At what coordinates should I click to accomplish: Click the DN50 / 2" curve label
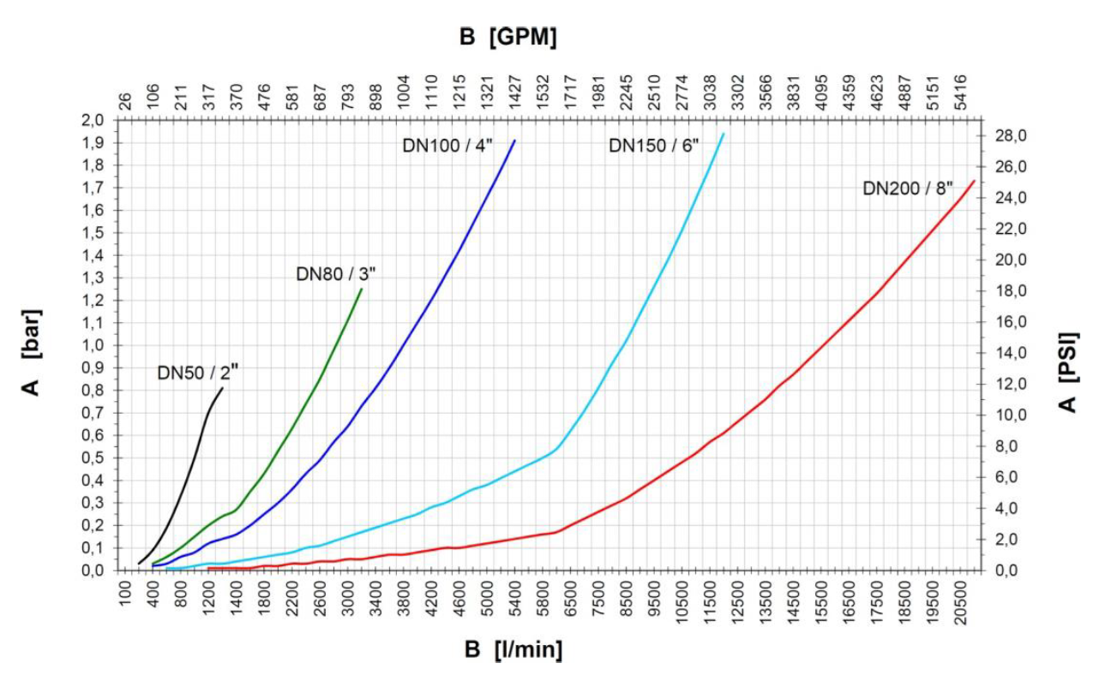coord(196,373)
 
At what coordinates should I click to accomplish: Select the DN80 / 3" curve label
coord(335,274)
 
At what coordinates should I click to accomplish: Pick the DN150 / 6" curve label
coord(654,146)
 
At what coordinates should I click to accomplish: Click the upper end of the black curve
coord(223,388)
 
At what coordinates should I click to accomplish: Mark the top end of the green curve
coord(362,289)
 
